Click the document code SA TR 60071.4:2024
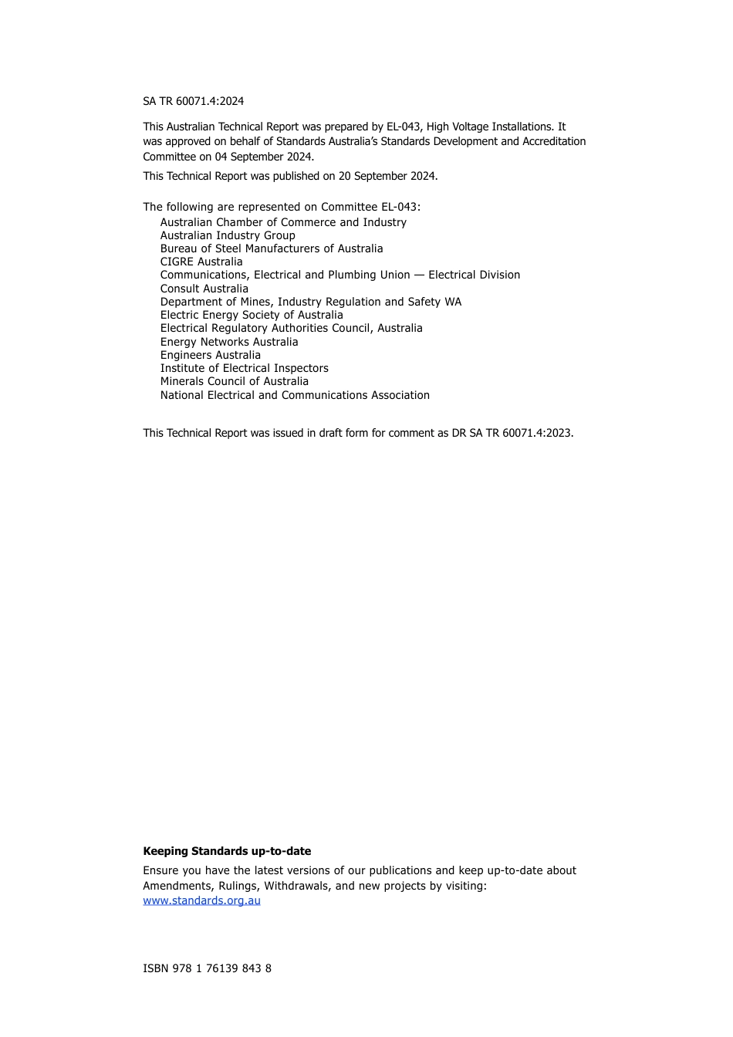(193, 101)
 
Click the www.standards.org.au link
(201, 900)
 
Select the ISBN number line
(207, 968)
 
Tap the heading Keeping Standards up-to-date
(227, 851)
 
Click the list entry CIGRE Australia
(201, 262)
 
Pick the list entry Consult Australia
(204, 289)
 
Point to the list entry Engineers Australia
(211, 355)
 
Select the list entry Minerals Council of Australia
(235, 381)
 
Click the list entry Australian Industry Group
(228, 235)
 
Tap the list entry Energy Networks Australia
(229, 342)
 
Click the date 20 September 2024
(387, 176)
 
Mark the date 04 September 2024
(263, 157)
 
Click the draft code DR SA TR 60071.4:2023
(512, 433)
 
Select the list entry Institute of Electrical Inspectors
(245, 368)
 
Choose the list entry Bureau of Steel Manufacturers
(272, 248)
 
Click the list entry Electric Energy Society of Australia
(252, 315)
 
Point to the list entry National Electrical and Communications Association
(295, 395)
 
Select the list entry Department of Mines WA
(311, 302)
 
